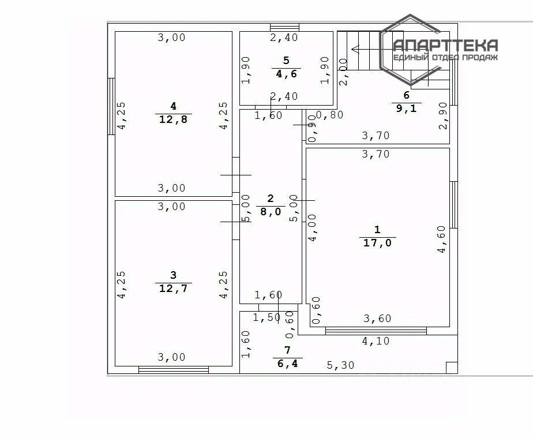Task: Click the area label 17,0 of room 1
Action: coord(377,243)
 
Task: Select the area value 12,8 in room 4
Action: coord(173,119)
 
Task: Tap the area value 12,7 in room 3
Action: coord(173,288)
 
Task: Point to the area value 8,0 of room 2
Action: coord(271,212)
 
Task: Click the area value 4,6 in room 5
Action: coord(286,73)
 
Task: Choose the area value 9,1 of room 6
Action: coord(406,108)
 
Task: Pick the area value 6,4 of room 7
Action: coord(287,363)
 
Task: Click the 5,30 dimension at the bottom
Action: coord(341,365)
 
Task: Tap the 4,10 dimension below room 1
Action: coord(376,341)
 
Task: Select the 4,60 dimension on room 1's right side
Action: coord(441,239)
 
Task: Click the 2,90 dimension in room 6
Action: coord(442,115)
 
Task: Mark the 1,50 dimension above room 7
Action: coord(266,317)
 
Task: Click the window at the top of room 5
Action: coord(284,27)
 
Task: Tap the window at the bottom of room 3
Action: coord(173,369)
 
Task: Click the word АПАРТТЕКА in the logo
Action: coord(445,46)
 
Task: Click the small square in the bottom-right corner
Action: coord(452,367)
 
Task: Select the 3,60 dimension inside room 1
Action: coord(377,319)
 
